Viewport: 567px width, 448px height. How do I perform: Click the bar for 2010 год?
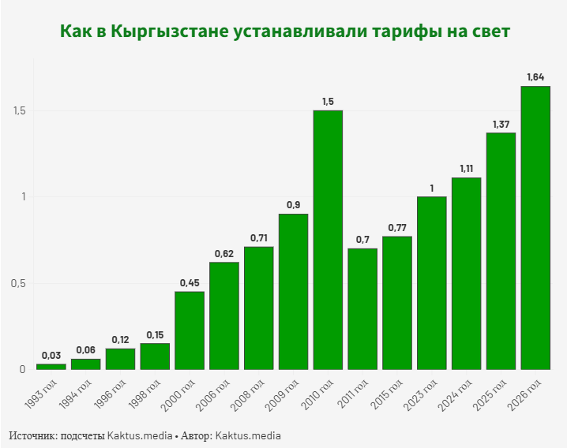point(328,240)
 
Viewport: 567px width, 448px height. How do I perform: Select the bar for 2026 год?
point(535,227)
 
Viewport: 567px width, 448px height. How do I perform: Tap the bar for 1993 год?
point(51,367)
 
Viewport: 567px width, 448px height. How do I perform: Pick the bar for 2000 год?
point(190,330)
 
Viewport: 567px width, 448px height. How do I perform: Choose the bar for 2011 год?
point(362,308)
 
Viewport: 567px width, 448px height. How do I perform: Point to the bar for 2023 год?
point(431,282)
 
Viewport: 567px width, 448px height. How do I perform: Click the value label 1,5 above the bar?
point(328,101)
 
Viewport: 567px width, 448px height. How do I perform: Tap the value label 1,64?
point(535,77)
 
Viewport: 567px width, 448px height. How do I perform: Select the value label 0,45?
point(190,282)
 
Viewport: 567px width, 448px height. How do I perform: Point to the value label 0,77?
point(396,227)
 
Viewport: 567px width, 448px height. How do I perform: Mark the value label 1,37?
point(501,124)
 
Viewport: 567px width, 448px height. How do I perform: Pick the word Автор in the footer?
point(193,435)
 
